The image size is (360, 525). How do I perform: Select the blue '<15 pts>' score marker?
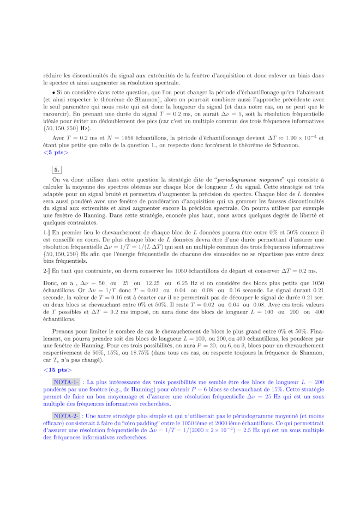pos(57,370)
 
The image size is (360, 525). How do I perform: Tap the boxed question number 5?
pos(57,169)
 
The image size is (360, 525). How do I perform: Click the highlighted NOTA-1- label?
pos(66,382)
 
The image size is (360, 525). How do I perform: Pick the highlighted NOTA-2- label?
pos(66,415)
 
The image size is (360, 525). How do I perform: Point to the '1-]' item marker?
pos(46,232)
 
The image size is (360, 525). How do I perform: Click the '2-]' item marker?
pos(46,270)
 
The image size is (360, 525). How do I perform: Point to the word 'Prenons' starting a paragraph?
pos(63,331)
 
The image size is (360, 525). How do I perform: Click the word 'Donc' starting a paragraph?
pos(51,283)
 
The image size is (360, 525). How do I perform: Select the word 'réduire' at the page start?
pos(53,75)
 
